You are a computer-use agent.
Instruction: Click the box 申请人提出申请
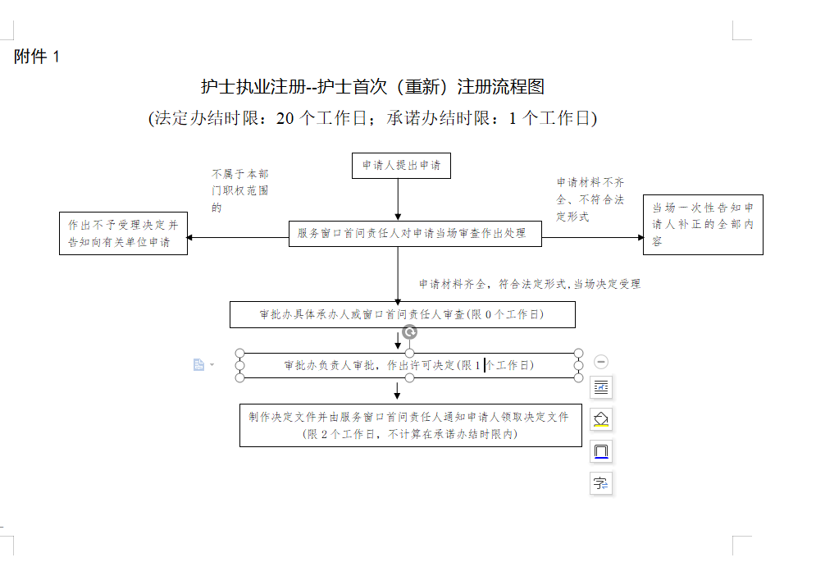point(401,166)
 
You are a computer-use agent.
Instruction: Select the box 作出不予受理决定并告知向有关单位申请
point(123,234)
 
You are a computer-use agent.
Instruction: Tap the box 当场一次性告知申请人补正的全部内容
point(702,224)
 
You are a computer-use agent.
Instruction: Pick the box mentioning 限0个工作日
point(402,314)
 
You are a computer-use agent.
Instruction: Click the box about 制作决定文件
point(410,425)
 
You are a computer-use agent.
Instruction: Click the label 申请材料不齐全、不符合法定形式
point(590,199)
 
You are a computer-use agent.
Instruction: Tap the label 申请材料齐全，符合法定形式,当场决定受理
point(529,284)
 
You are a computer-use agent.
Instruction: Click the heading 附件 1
point(37,57)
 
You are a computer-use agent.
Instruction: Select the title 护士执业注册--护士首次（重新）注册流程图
point(372,86)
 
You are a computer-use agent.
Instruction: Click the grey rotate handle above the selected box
point(410,332)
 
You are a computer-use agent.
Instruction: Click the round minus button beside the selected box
point(601,362)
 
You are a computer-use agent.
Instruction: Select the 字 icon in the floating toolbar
point(601,483)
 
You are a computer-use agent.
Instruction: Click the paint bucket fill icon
point(601,419)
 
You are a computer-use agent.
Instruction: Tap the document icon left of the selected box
point(198,364)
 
